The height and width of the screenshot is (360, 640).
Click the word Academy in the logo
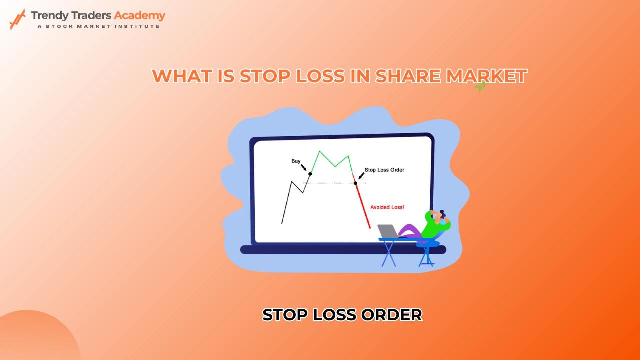click(x=139, y=16)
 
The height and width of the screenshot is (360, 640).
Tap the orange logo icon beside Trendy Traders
click(x=17, y=19)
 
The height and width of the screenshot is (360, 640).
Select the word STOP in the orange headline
click(x=264, y=76)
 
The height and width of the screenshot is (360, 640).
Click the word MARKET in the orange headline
click(x=487, y=76)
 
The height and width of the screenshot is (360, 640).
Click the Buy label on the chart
click(x=296, y=161)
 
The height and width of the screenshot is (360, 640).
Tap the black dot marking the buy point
click(x=310, y=174)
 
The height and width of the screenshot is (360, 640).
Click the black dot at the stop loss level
click(x=355, y=183)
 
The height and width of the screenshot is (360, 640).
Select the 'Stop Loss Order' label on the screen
click(x=384, y=170)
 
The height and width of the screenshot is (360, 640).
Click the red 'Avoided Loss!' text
click(x=387, y=207)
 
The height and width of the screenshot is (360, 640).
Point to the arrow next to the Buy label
click(x=303, y=167)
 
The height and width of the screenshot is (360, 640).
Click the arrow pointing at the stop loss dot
click(x=361, y=176)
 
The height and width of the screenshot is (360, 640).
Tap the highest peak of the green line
click(x=319, y=151)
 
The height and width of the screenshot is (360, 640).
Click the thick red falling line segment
click(x=363, y=205)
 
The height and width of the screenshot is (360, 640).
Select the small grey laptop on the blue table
click(x=388, y=231)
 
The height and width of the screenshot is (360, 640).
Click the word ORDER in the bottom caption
click(x=391, y=315)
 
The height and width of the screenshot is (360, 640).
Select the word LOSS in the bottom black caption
click(x=334, y=315)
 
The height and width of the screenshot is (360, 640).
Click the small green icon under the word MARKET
click(x=481, y=86)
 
